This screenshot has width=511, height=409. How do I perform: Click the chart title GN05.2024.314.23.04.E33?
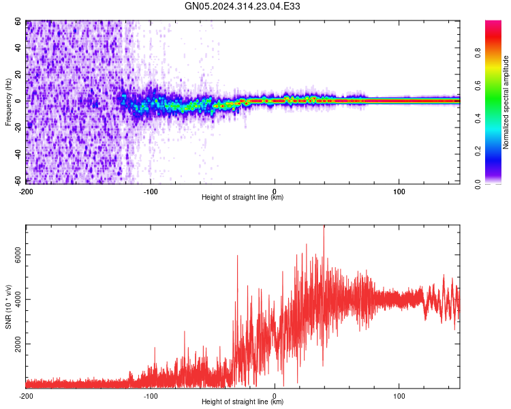(x=243, y=6)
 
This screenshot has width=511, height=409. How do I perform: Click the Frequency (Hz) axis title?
(x=8, y=102)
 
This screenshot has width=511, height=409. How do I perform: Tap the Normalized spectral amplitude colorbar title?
(x=506, y=102)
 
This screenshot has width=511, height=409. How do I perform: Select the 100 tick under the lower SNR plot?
(x=399, y=396)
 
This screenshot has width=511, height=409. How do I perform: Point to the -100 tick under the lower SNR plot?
(x=151, y=396)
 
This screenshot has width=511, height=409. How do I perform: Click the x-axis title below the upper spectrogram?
(x=243, y=198)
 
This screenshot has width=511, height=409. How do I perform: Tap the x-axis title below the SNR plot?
(x=243, y=402)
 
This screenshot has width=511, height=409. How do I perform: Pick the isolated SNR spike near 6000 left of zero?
(x=237, y=256)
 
